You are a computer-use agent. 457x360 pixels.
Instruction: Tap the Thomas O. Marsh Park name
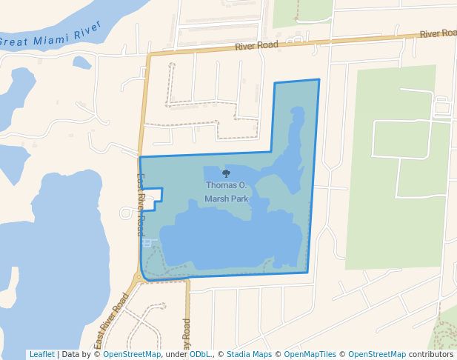click(227, 192)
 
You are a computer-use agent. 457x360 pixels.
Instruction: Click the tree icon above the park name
click(226, 173)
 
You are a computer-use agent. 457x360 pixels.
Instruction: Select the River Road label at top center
click(256, 46)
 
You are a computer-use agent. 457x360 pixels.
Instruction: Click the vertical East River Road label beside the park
click(141, 204)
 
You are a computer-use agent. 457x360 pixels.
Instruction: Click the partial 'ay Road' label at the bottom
click(187, 333)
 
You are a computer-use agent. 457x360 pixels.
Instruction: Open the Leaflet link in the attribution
click(41, 355)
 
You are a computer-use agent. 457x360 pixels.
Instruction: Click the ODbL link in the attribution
click(199, 355)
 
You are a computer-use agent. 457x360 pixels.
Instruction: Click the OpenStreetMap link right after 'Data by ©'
click(132, 355)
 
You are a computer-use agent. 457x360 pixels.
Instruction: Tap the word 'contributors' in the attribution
click(430, 355)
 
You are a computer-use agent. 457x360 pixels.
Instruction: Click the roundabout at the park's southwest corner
click(139, 279)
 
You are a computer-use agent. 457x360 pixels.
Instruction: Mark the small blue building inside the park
click(147, 242)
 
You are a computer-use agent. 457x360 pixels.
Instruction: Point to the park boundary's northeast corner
click(319, 80)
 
